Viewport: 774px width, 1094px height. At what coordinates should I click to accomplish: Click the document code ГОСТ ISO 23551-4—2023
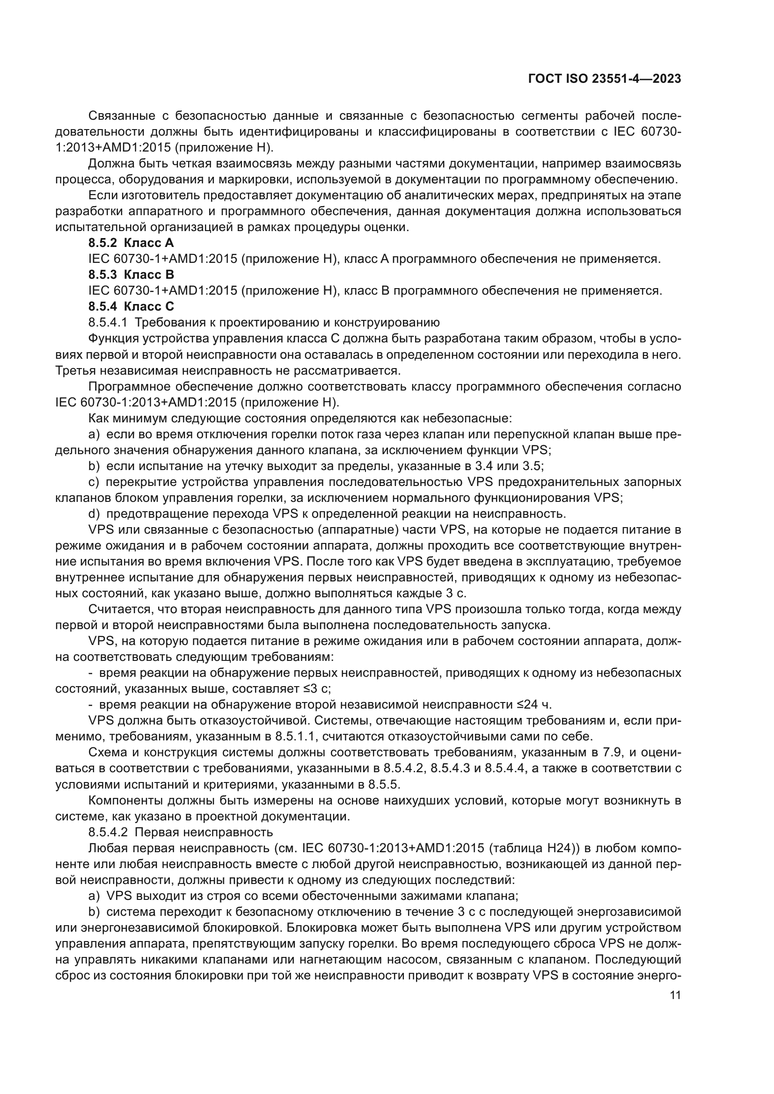(604, 79)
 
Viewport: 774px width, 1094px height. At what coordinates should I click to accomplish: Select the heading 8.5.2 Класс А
(131, 243)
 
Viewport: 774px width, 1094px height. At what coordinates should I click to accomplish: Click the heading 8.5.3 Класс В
(131, 275)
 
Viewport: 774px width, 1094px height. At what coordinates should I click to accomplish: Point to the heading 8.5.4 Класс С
(131, 306)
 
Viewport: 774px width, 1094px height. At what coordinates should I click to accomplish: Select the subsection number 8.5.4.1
(108, 323)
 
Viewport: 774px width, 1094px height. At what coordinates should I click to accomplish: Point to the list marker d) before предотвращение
(94, 514)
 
